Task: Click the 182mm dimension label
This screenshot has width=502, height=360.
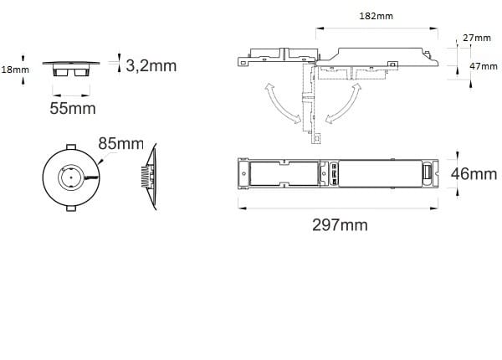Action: [376, 16]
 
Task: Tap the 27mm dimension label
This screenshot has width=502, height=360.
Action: [477, 38]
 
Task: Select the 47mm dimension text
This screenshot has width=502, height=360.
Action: [484, 66]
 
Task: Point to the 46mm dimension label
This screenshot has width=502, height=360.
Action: [474, 174]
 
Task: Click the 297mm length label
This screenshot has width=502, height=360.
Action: [340, 225]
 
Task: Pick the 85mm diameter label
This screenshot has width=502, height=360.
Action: [120, 143]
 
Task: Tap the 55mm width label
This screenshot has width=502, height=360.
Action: [73, 108]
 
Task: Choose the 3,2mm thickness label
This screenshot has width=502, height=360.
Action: [151, 66]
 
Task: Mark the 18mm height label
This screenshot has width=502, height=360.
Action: [15, 69]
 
